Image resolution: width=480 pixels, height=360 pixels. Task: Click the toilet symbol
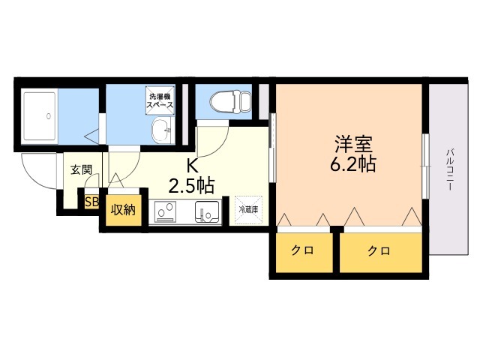click(230, 100)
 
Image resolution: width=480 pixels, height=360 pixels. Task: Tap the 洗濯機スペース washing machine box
click(160, 100)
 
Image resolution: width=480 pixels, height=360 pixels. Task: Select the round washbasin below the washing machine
click(162, 130)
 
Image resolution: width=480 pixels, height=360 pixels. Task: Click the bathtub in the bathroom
click(40, 116)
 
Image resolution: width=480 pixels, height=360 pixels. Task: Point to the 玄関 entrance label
click(82, 169)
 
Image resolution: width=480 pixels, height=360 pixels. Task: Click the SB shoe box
click(91, 202)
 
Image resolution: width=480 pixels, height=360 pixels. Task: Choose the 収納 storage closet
click(123, 210)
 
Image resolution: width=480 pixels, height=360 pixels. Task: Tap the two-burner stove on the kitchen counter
click(165, 211)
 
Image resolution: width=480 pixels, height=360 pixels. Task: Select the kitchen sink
click(207, 211)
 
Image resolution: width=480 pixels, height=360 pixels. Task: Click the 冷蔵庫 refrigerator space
click(248, 210)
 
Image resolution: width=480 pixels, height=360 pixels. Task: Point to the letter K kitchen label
click(192, 166)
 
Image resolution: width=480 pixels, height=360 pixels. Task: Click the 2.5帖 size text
click(191, 185)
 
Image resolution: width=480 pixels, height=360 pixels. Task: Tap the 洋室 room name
click(353, 143)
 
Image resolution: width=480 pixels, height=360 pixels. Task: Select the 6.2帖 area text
click(353, 164)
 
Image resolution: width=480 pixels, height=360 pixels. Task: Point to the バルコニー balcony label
click(449, 169)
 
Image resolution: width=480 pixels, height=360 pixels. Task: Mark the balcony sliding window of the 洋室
click(425, 166)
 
